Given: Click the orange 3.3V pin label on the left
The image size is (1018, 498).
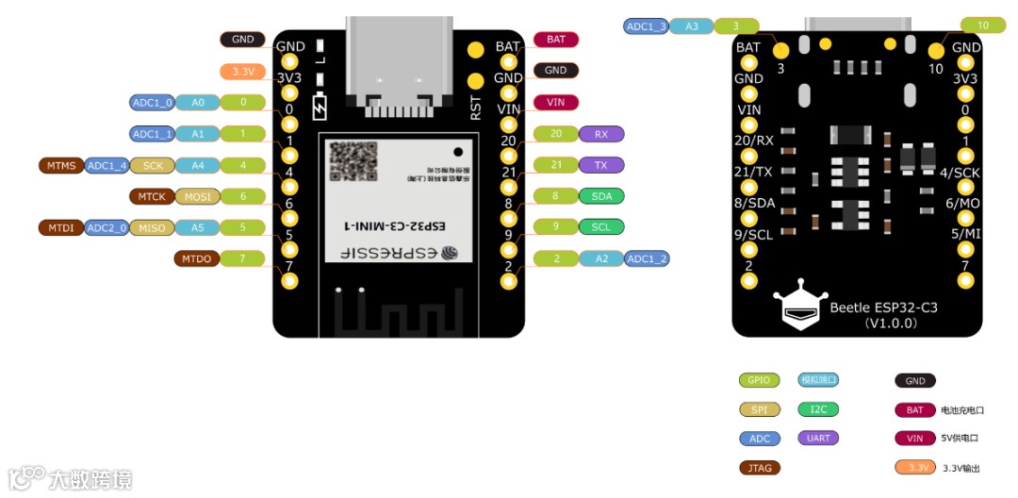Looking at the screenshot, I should pyautogui.click(x=243, y=71).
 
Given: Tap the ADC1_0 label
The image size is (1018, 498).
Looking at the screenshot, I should pyautogui.click(x=152, y=102).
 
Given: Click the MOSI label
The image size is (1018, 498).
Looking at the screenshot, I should pyautogui.click(x=198, y=196).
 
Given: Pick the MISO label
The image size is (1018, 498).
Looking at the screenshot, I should pyautogui.click(x=152, y=227).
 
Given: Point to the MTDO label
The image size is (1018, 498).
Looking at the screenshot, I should pyautogui.click(x=197, y=258).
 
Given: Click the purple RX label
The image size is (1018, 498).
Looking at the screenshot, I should pyautogui.click(x=601, y=134).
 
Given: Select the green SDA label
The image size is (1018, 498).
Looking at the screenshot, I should pyautogui.click(x=601, y=196).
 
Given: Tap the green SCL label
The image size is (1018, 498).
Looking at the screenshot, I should pyautogui.click(x=601, y=227).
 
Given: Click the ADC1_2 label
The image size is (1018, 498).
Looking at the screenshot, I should pyautogui.click(x=648, y=258).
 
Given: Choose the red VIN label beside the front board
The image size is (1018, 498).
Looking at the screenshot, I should pyautogui.click(x=556, y=102).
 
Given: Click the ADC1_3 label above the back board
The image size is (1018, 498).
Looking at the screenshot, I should pyautogui.click(x=647, y=26).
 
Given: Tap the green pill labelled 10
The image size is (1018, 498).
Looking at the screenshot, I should pyautogui.click(x=983, y=25).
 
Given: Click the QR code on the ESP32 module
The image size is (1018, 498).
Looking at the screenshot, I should pyautogui.click(x=353, y=161).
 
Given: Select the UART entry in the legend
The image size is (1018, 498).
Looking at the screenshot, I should pyautogui.click(x=817, y=438).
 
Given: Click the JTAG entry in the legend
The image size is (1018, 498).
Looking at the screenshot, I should pyautogui.click(x=759, y=467).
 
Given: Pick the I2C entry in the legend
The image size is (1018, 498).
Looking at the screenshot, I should pyautogui.click(x=817, y=409).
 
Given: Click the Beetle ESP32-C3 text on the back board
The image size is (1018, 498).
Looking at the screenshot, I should pyautogui.click(x=882, y=307).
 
